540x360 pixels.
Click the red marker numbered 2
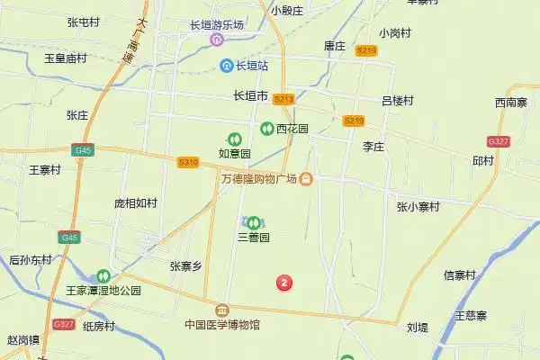point(285,283)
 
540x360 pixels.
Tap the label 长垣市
point(250,95)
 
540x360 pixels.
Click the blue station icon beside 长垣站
point(228,66)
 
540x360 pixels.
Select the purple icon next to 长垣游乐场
point(216,40)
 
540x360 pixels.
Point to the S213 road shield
point(283,99)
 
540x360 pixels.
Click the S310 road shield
point(188,161)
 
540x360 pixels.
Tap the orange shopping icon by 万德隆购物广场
point(306,179)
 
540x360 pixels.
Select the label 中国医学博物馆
point(222,324)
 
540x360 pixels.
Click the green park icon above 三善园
point(254,221)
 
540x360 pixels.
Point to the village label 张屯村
point(83,22)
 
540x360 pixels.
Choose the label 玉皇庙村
point(66,58)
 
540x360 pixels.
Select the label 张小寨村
point(418,206)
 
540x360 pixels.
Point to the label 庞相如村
point(135,203)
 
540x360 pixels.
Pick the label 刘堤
point(417,328)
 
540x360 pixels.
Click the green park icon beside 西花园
point(267,129)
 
